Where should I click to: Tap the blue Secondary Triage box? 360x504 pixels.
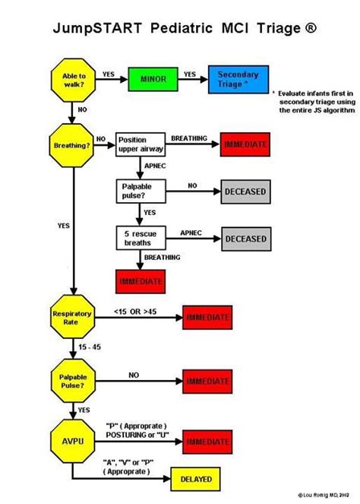[238, 79]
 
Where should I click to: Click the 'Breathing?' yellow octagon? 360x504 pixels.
[72, 144]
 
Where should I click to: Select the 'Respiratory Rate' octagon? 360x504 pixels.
[72, 318]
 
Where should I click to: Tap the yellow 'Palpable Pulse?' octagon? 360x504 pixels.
[72, 379]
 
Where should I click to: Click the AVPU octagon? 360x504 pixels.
[72, 439]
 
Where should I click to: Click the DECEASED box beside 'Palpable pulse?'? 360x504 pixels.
[245, 192]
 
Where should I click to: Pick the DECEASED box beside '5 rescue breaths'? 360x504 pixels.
[245, 239]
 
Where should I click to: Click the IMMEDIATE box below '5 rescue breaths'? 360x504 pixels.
[140, 281]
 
